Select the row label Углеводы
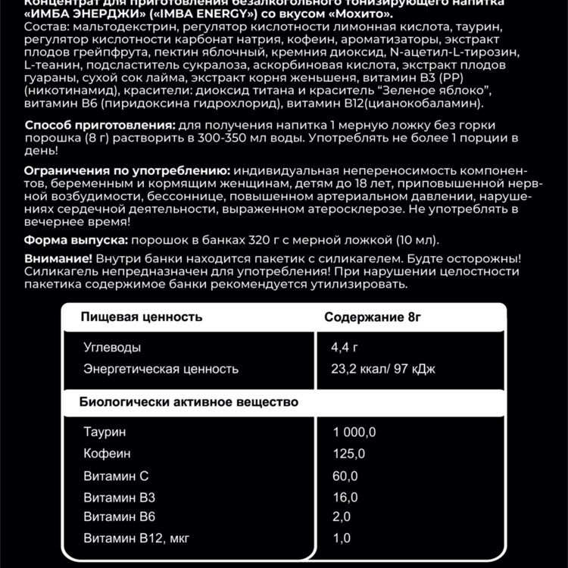[x=112, y=348]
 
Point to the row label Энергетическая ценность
[x=161, y=369]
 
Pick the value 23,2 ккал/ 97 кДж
[x=382, y=369]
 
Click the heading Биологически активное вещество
[x=189, y=401]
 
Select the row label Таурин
[x=105, y=432]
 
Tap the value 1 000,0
[x=354, y=432]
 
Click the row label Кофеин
[x=107, y=454]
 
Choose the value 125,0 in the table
[x=348, y=454]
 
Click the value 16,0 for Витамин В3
[x=345, y=498]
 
